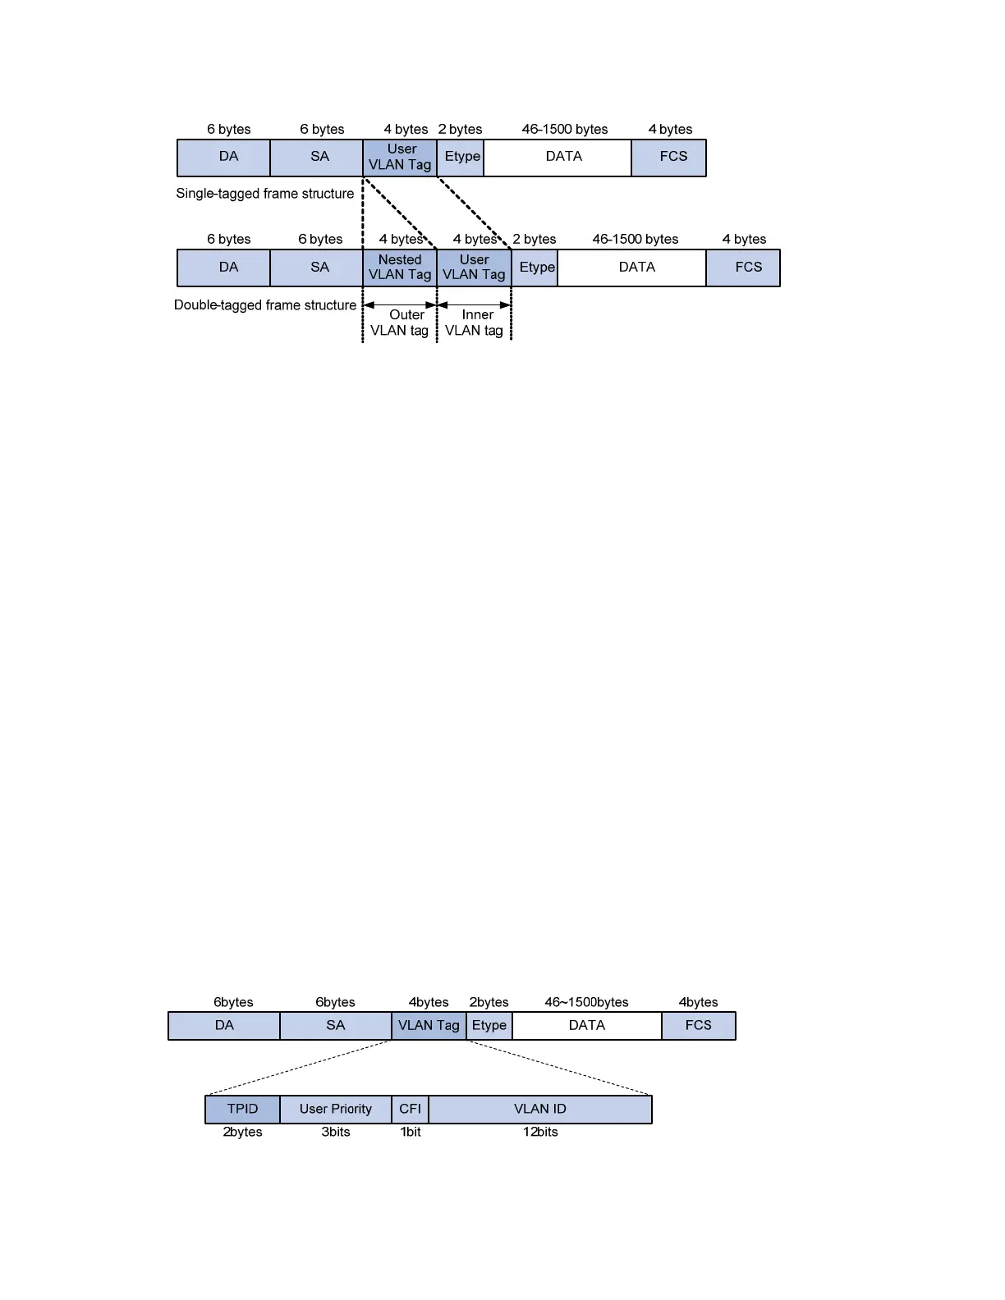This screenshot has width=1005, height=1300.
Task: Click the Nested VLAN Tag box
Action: click(x=400, y=268)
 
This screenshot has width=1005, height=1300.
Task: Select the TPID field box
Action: click(x=242, y=1109)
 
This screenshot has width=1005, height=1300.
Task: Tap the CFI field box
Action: click(x=410, y=1109)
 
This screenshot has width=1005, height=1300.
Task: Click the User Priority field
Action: click(x=335, y=1109)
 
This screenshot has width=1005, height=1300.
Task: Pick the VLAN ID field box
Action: click(x=539, y=1109)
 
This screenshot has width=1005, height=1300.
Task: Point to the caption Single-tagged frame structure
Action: click(x=264, y=194)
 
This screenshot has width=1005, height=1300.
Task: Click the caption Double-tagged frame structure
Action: click(x=265, y=305)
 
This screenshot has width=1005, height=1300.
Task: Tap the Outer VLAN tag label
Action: click(x=400, y=323)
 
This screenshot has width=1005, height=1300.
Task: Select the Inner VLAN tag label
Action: click(x=475, y=323)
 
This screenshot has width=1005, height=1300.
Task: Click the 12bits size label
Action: click(x=540, y=1132)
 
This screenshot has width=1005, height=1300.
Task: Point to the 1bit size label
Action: click(x=411, y=1132)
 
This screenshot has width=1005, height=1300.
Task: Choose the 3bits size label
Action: click(x=336, y=1132)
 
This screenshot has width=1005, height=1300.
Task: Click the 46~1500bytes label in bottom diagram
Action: click(x=586, y=1002)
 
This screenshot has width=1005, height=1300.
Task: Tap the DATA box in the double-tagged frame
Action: click(x=636, y=268)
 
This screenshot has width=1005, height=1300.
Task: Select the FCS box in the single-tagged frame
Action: click(x=672, y=157)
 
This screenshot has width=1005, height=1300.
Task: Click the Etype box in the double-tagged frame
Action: click(x=536, y=268)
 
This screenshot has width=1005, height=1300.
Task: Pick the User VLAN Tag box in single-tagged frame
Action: click(x=400, y=157)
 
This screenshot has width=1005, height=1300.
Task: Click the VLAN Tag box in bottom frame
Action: click(x=429, y=1025)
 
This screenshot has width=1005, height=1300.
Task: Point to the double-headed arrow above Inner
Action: click(x=475, y=305)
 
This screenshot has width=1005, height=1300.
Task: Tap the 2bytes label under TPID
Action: click(x=242, y=1132)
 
